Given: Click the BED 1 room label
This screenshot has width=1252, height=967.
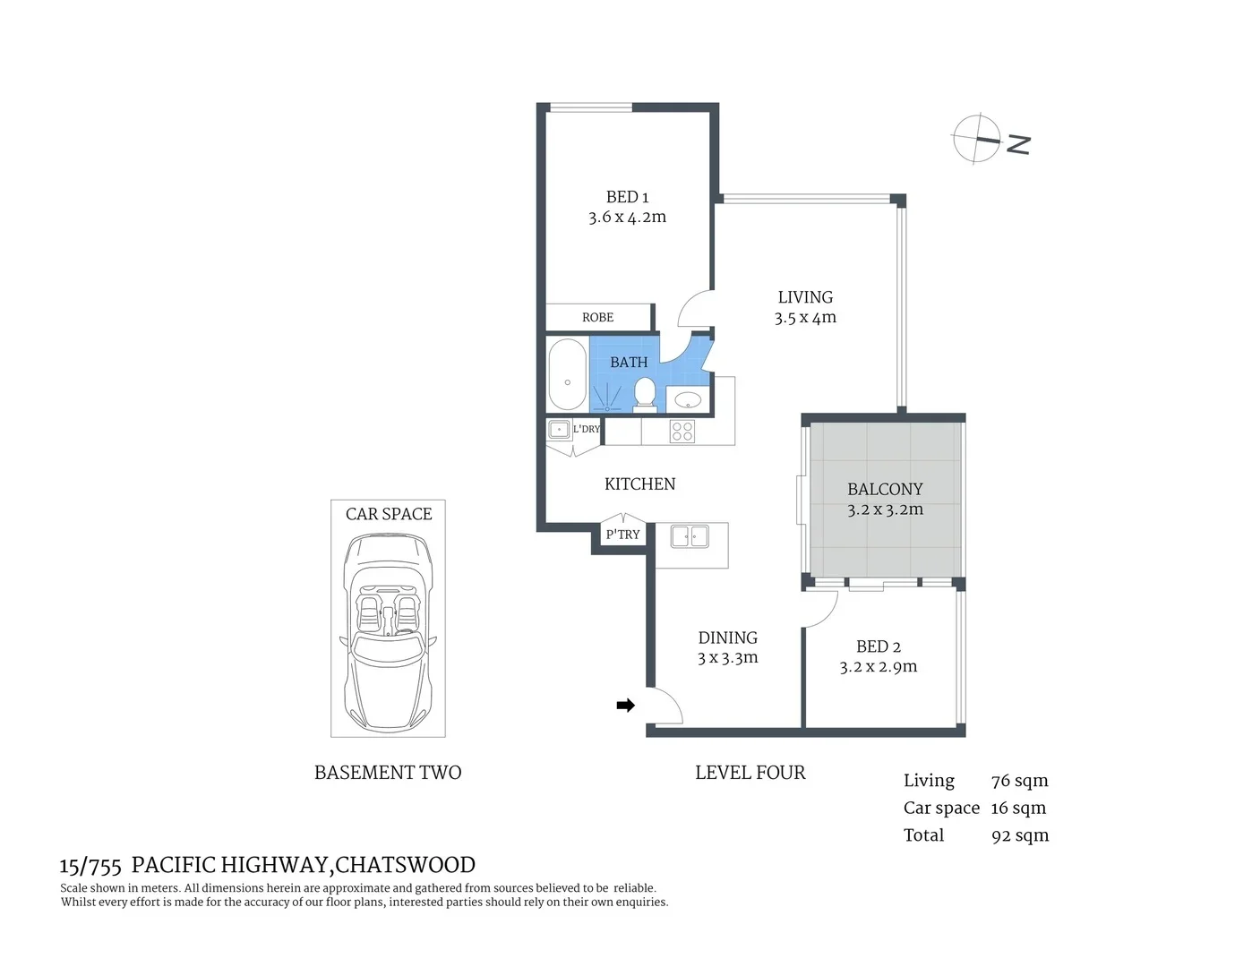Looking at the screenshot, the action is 627,197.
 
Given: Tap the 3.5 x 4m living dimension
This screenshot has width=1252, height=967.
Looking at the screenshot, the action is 805,318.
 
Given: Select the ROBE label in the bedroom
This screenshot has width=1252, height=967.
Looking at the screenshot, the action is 597,318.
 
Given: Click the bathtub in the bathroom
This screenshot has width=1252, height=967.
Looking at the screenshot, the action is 567,374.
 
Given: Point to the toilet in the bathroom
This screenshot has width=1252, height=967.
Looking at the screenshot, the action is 645,392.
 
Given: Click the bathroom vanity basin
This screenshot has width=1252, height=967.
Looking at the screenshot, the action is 688,399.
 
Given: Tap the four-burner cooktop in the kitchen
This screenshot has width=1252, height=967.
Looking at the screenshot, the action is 682,432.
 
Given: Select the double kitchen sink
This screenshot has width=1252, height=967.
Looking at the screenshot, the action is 690,536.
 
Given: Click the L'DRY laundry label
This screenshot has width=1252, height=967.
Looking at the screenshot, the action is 587,429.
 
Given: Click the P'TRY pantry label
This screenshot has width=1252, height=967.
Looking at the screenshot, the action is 622,535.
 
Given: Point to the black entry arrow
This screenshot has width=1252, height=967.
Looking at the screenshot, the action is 625,706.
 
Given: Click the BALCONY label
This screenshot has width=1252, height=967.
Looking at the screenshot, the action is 885,489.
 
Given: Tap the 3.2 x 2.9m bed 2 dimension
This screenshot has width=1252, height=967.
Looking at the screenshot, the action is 878,667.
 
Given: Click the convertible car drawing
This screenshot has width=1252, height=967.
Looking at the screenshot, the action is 388,631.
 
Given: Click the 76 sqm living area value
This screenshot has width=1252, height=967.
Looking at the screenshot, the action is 1019,781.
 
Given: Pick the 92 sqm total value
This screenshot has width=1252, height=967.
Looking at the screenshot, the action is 1019,835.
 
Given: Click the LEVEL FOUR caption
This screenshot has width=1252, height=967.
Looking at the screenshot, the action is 750,773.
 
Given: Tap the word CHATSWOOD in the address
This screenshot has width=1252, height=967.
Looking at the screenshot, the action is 405,865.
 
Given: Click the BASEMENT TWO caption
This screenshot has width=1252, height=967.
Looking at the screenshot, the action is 388,773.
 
